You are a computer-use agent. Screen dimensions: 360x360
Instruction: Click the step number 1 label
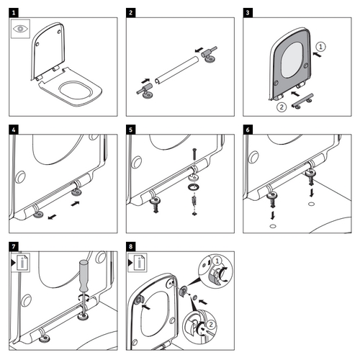click(14, 13)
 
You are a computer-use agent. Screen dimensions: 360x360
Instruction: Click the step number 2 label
click(130, 13)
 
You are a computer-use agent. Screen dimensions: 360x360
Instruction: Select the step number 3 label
click(248, 13)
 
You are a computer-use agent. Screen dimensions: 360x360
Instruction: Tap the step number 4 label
click(14, 130)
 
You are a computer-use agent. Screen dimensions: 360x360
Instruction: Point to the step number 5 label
click(130, 130)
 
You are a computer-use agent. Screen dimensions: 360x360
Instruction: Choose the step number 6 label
click(248, 130)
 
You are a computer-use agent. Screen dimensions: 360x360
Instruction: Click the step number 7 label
click(14, 247)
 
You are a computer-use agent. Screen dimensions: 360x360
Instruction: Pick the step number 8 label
click(130, 247)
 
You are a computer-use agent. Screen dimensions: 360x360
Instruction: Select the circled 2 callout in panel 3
click(282, 108)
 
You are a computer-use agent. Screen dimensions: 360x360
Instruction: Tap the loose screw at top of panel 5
click(193, 155)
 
